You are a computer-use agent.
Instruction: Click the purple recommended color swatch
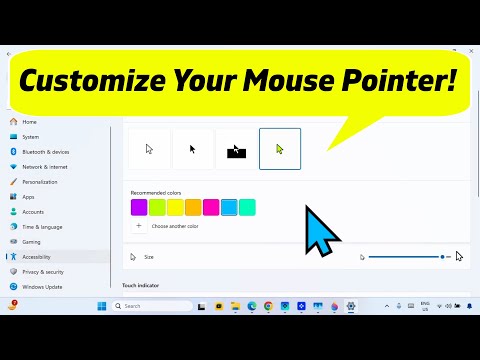pos(139,207)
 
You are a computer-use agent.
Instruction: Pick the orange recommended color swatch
pos(193,207)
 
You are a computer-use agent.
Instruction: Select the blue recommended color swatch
pos(229,207)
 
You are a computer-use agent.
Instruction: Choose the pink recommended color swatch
pos(211,207)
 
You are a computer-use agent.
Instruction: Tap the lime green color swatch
pos(157,207)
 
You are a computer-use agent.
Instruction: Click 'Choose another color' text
pos(175,226)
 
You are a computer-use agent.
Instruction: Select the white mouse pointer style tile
pos(149,149)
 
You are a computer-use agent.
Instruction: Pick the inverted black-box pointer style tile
pos(236,149)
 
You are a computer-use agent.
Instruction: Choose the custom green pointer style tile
pos(279,149)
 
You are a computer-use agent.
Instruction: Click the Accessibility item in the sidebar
pos(36,257)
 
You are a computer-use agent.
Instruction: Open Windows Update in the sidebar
pos(42,287)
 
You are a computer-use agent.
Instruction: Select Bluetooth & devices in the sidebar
pos(45,152)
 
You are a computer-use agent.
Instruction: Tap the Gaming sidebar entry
pos(31,242)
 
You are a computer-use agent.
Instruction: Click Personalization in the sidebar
pos(39,182)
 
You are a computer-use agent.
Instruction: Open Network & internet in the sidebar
pos(45,167)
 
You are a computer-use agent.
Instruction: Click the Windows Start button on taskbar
pos(102,306)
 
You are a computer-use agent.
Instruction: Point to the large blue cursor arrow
pos(322,232)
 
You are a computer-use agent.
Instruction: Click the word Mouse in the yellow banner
pos(328,77)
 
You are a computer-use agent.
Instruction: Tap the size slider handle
pos(443,257)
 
